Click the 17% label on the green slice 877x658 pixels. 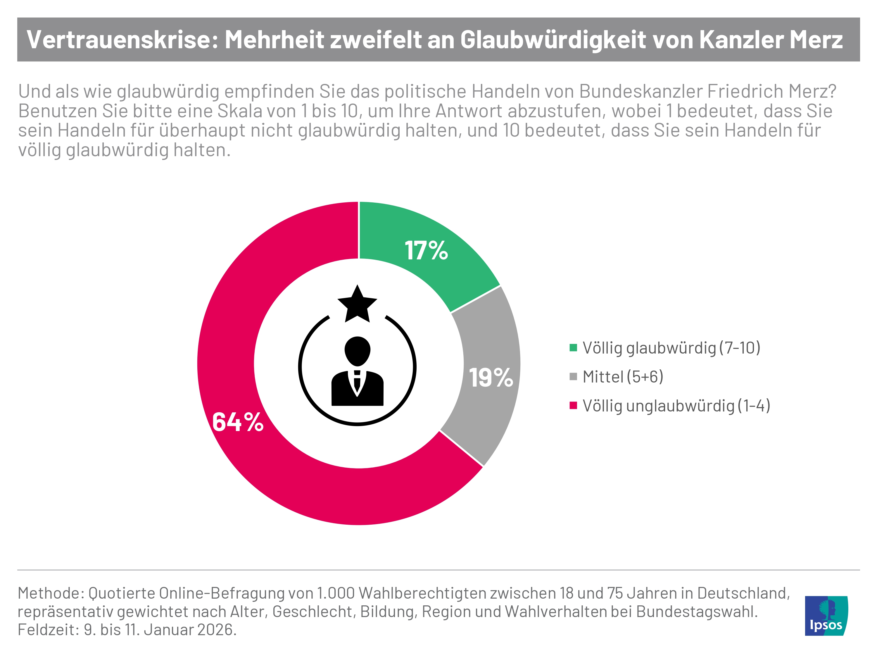tap(426, 251)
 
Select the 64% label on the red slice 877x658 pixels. tap(238, 422)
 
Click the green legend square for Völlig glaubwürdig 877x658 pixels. tap(573, 348)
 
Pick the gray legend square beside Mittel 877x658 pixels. tap(573, 377)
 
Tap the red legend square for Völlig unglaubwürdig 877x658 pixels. tap(573, 405)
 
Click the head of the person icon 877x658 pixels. tap(357, 351)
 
